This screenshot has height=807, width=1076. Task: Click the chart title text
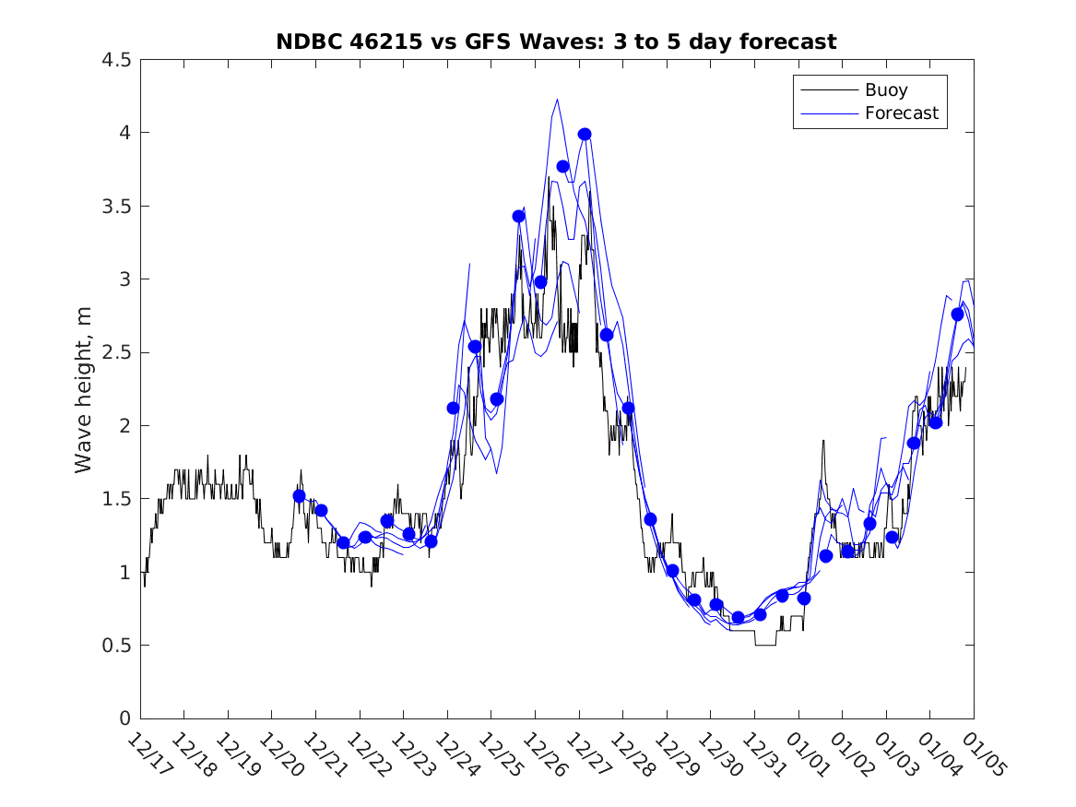click(x=556, y=42)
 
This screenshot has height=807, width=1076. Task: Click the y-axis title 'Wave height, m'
click(x=84, y=389)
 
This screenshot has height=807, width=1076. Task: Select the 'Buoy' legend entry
click(x=886, y=90)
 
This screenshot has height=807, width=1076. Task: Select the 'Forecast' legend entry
click(x=901, y=113)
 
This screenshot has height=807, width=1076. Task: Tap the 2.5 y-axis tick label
click(x=116, y=352)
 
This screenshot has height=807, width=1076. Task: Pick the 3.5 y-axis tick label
click(x=116, y=206)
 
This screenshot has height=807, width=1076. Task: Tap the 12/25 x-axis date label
click(x=499, y=755)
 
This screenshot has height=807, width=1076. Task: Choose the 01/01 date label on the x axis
click(x=807, y=755)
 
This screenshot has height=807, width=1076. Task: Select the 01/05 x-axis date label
click(x=982, y=755)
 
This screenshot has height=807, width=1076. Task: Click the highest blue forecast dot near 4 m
click(x=585, y=134)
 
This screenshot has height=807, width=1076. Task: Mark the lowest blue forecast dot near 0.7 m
click(x=738, y=617)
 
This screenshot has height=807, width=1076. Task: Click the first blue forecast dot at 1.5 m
click(x=299, y=495)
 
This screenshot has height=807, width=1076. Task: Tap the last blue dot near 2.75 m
click(x=957, y=314)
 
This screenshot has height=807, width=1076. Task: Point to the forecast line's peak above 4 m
click(x=557, y=100)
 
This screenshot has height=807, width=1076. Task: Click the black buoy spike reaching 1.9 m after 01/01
click(x=823, y=441)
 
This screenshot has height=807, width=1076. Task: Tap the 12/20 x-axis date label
click(x=279, y=755)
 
